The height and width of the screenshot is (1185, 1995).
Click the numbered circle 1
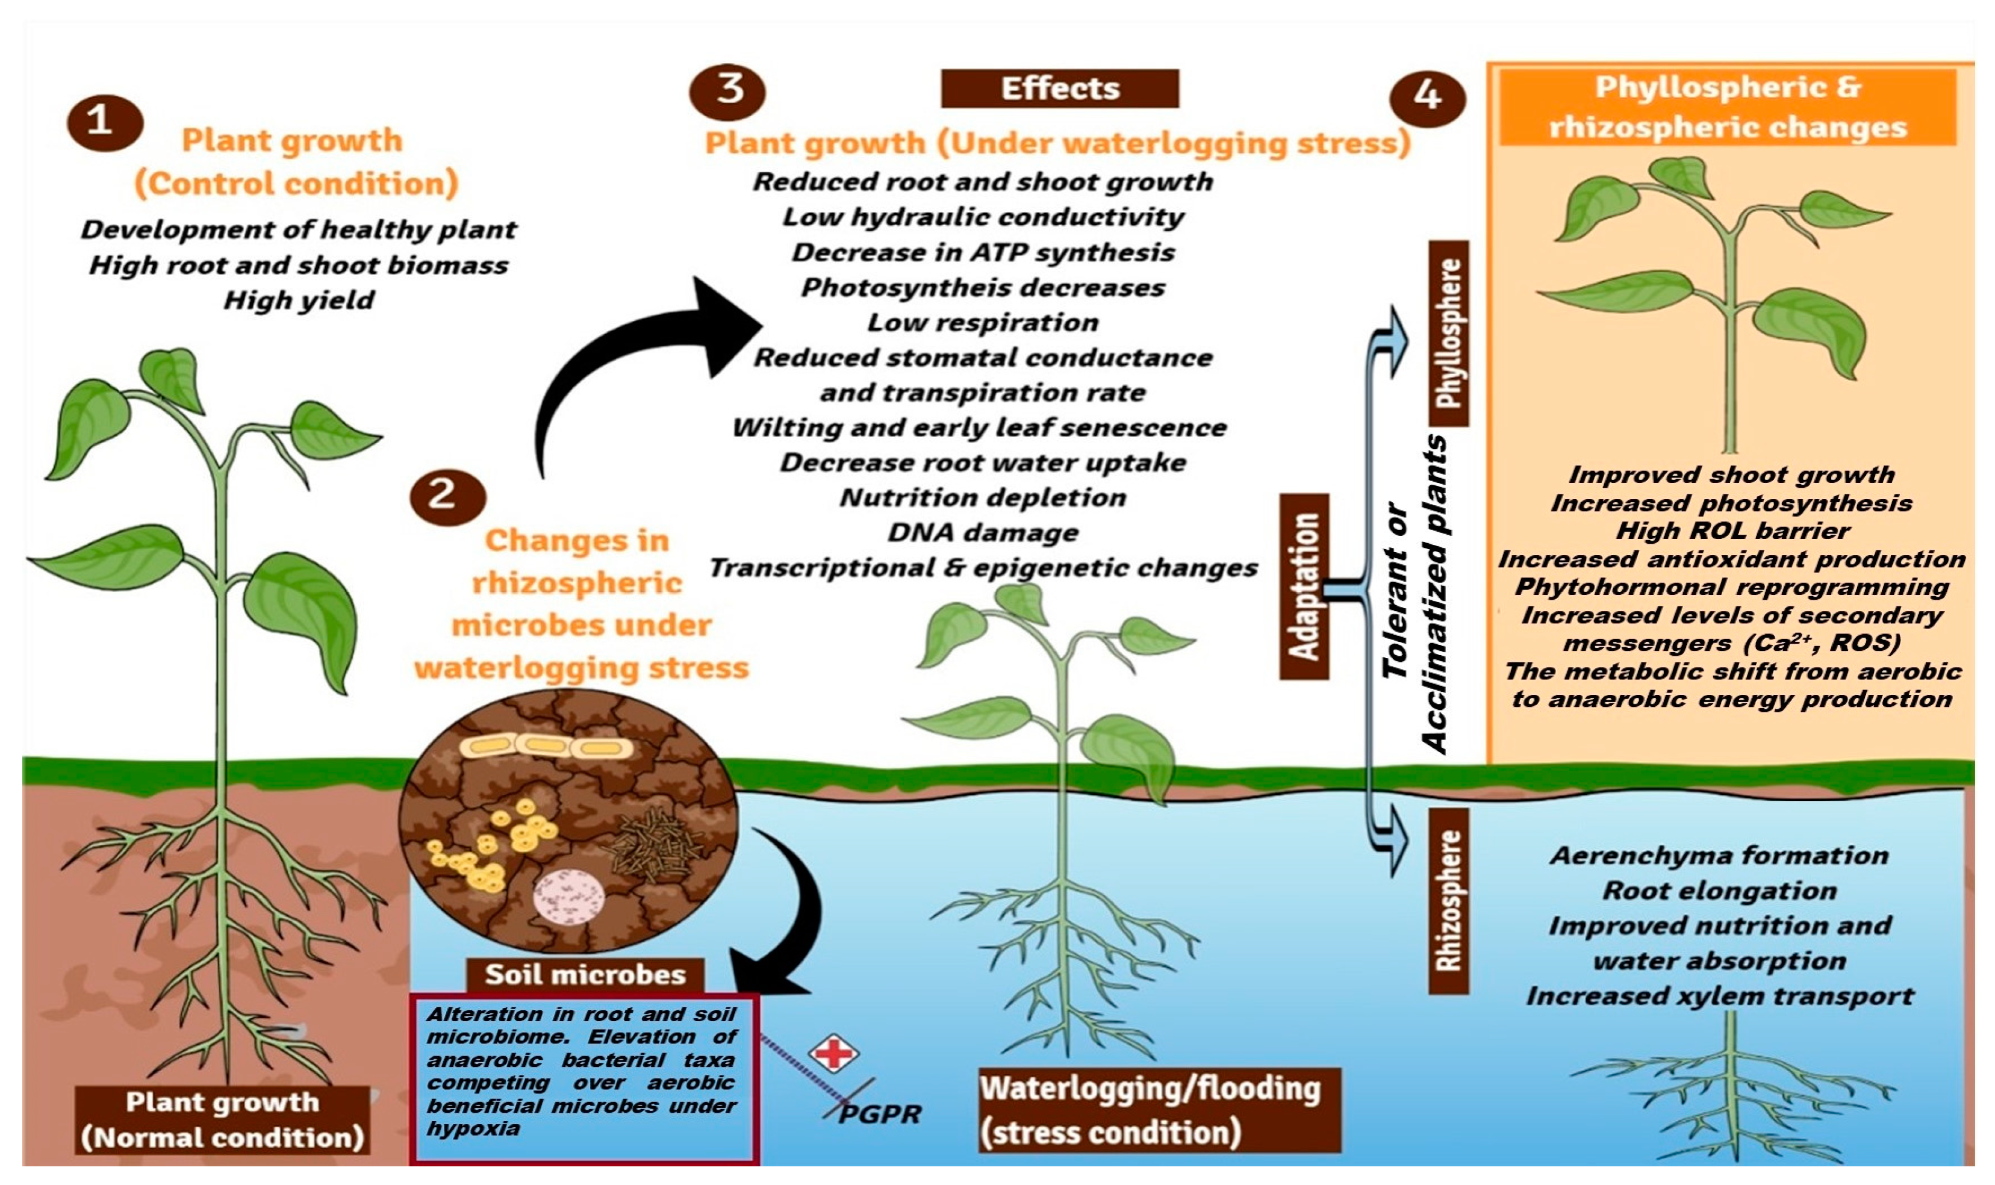click(x=105, y=123)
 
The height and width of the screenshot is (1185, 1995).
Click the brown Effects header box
click(x=1059, y=89)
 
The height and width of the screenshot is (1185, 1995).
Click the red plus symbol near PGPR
click(x=833, y=1053)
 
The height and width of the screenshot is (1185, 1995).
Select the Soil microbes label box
click(x=584, y=974)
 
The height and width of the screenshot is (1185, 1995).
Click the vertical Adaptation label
click(x=1304, y=587)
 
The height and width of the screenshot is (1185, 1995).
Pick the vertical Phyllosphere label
click(x=1448, y=333)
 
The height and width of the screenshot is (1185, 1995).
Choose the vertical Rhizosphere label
click(x=1448, y=901)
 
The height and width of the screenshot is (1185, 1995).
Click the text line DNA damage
click(x=983, y=533)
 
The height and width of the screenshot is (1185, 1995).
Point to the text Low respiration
click(x=983, y=323)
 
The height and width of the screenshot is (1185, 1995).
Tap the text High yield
click(x=299, y=300)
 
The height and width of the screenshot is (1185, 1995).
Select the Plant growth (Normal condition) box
click(x=223, y=1119)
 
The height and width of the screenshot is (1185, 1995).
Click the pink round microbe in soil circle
click(x=569, y=897)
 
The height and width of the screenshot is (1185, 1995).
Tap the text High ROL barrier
click(x=1732, y=531)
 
